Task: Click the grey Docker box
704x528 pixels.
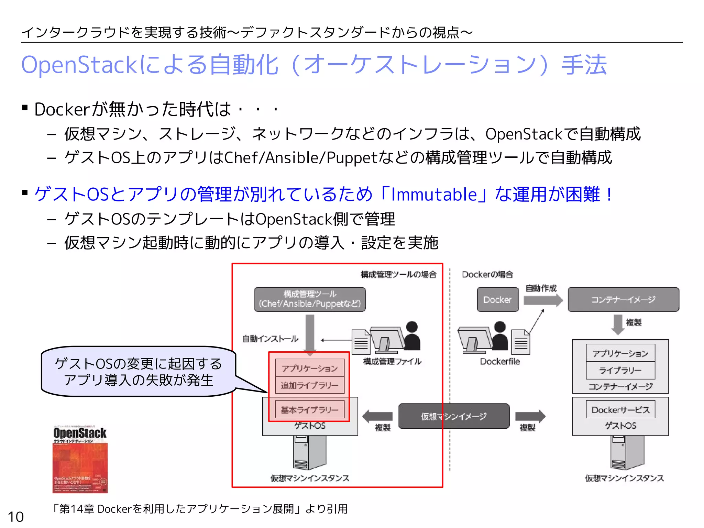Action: pyautogui.click(x=497, y=300)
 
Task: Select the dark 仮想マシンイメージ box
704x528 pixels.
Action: pyautogui.click(x=454, y=416)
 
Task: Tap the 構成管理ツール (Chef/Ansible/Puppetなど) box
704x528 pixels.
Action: pyautogui.click(x=310, y=299)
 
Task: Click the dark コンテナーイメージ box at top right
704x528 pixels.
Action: pyautogui.click(x=623, y=300)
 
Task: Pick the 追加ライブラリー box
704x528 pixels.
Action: pyautogui.click(x=309, y=385)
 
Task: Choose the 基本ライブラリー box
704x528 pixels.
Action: pyautogui.click(x=309, y=410)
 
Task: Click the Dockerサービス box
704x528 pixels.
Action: pyautogui.click(x=620, y=410)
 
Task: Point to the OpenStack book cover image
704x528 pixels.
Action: pyautogui.click(x=80, y=459)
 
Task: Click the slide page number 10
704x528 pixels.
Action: pyautogui.click(x=16, y=517)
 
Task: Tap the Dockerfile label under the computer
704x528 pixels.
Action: pyautogui.click(x=499, y=361)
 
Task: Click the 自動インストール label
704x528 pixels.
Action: pyautogui.click(x=270, y=339)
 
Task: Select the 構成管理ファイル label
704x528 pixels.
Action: pyautogui.click(x=392, y=361)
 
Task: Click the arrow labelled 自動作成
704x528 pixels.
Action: pyautogui.click(x=542, y=300)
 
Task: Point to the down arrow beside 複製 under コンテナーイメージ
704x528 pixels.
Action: pyautogui.click(x=618, y=324)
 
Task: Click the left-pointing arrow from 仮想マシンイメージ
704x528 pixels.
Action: pyautogui.click(x=377, y=416)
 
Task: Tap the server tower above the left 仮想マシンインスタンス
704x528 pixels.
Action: pyautogui.click(x=309, y=452)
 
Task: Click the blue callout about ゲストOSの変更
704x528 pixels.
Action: pyautogui.click(x=138, y=372)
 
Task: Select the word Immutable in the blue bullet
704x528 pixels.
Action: pyautogui.click(x=434, y=194)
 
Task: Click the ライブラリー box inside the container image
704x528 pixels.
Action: pyautogui.click(x=620, y=370)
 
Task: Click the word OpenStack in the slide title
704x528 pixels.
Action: pyautogui.click(x=79, y=65)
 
